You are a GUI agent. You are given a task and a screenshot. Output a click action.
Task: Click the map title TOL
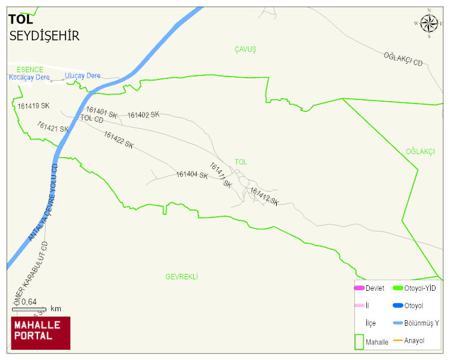20,19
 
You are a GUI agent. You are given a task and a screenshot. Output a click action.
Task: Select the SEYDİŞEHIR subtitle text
45,36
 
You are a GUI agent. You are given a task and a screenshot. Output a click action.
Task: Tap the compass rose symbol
429,23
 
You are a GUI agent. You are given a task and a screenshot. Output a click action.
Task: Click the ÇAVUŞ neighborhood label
245,49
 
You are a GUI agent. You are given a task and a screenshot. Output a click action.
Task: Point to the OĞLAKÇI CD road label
403,59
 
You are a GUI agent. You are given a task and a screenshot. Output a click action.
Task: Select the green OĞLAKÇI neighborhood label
420,152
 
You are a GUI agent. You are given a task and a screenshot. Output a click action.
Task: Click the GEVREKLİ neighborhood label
182,277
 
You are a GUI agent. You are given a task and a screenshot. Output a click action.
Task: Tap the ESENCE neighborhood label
30,70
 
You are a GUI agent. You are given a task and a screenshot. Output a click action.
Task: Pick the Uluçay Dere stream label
82,76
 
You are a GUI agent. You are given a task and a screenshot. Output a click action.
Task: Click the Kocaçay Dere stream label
28,77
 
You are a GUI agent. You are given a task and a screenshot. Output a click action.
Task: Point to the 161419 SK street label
33,106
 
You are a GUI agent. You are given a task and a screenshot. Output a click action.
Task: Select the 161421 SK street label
52,127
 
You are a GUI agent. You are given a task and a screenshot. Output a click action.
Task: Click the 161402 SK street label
143,115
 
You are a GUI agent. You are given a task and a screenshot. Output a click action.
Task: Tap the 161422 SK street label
119,140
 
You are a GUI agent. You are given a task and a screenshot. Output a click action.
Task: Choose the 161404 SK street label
192,175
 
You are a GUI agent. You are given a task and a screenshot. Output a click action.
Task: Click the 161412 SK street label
264,196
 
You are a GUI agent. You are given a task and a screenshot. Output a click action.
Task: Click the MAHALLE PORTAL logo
40,333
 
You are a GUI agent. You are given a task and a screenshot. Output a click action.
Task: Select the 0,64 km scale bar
29,309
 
